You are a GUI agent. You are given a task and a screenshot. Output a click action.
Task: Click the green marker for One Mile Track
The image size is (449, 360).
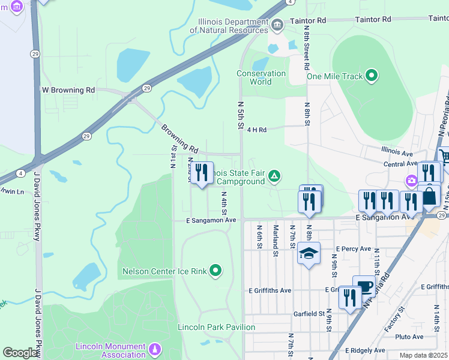[x=372, y=76]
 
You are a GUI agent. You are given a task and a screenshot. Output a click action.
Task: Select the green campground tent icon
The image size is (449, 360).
[x=274, y=175]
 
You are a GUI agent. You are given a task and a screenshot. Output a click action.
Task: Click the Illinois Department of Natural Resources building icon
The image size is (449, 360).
[x=277, y=25]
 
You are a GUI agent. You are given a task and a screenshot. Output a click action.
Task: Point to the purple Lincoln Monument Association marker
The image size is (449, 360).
[x=155, y=349]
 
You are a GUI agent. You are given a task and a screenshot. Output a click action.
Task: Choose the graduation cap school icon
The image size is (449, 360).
[x=309, y=253]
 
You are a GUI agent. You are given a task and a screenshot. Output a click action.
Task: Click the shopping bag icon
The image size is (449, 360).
[x=430, y=197]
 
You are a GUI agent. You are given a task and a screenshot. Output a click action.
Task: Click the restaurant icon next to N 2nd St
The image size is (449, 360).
[x=202, y=173]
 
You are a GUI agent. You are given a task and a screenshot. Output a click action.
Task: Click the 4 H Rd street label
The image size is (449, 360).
[x=256, y=129]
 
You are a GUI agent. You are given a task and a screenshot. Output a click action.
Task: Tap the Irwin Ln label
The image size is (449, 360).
[x=12, y=192]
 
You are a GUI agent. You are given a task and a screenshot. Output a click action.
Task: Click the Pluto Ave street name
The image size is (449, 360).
[x=410, y=337]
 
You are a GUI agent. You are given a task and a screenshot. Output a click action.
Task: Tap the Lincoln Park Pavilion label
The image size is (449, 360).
[x=217, y=327]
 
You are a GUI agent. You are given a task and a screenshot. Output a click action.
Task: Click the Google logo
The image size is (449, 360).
[x=20, y=353]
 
